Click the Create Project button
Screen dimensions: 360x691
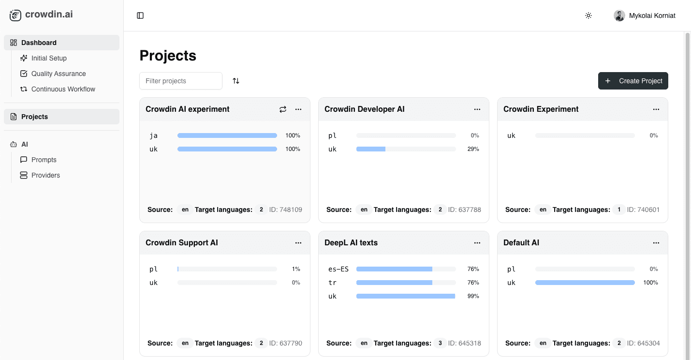click(633, 81)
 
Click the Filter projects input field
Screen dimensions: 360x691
click(181, 81)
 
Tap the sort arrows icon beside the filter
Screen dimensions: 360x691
click(236, 81)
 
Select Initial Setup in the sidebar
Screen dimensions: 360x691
click(49, 58)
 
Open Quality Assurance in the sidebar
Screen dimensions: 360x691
click(59, 74)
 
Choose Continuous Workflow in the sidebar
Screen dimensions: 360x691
click(63, 89)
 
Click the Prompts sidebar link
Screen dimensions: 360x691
click(44, 160)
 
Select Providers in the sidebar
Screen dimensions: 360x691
click(45, 175)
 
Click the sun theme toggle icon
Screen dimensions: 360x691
click(588, 15)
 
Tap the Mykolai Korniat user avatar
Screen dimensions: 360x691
click(619, 15)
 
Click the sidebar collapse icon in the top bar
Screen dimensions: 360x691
click(140, 15)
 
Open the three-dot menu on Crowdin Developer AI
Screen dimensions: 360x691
click(477, 109)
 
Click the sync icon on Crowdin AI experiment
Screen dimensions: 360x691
click(283, 109)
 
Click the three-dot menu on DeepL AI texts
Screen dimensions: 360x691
click(477, 243)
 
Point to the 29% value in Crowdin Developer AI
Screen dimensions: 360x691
click(473, 149)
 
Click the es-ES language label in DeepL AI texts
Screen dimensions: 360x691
click(338, 269)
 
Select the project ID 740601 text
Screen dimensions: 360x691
click(643, 210)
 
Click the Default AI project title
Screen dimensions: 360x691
click(521, 243)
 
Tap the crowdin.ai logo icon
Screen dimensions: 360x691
click(15, 15)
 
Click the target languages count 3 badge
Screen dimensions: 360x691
click(440, 343)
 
